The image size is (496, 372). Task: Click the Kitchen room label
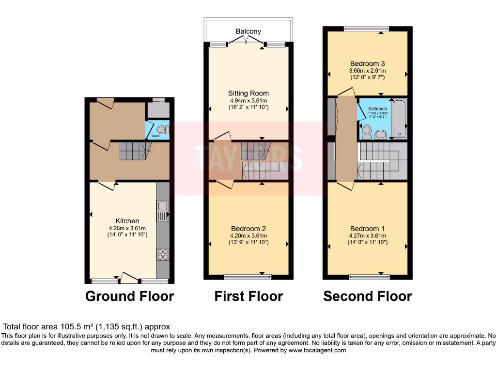tap(127, 221)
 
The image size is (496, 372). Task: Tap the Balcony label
tap(248, 31)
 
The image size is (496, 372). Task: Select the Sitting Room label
tap(248, 93)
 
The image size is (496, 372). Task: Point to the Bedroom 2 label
tap(248, 229)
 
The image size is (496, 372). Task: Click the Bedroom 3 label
tap(368, 63)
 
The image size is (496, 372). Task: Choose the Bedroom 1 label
tap(368, 229)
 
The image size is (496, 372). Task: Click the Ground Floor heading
tap(129, 296)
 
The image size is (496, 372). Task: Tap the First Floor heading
tap(248, 296)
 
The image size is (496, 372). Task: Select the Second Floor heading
tap(368, 296)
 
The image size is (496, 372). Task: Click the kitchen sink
tap(162, 210)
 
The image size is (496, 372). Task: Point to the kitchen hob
tap(163, 254)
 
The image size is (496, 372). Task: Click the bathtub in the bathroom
tap(399, 119)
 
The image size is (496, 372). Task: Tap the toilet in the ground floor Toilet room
tap(162, 129)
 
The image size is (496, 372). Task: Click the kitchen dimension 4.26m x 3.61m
tap(127, 228)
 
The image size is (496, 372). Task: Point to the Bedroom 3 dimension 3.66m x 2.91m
tap(368, 71)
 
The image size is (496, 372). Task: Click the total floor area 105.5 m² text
tap(87, 327)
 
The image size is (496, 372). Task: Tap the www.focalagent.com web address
tap(317, 350)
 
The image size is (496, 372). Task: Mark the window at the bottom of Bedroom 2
tap(248, 277)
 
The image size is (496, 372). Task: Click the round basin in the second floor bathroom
tap(380, 134)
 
